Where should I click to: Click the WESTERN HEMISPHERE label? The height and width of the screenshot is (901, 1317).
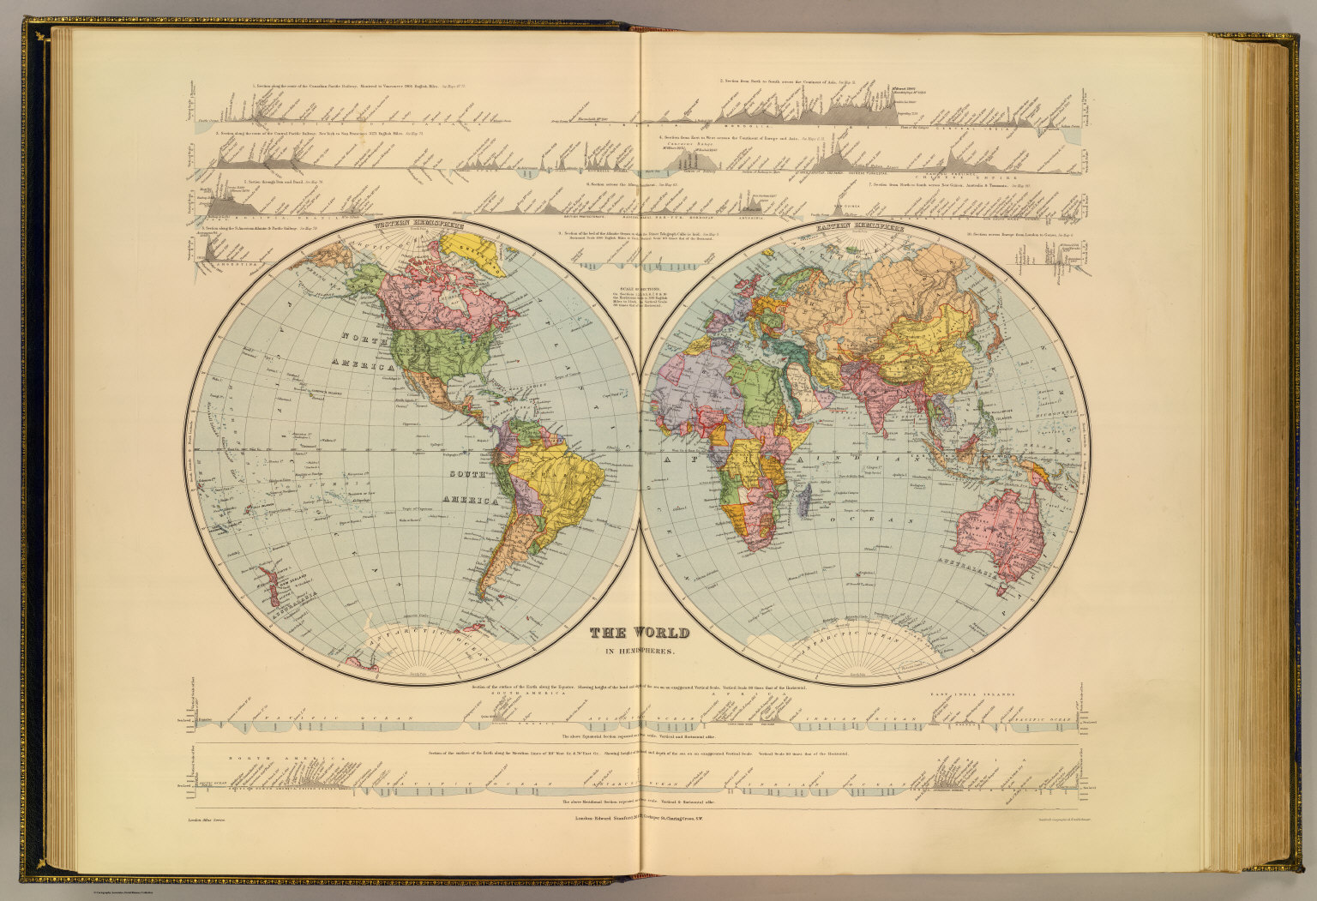418,225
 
